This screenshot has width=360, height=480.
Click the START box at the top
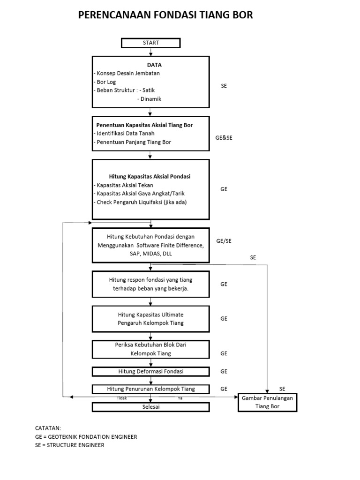pos(150,43)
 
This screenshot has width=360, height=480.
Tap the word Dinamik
pos(149,99)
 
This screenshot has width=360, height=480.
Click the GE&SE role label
pos(224,138)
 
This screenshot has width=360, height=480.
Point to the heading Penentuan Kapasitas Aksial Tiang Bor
pos(144,125)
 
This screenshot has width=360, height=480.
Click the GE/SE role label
pos(224,241)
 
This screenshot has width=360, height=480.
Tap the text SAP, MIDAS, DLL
pos(150,253)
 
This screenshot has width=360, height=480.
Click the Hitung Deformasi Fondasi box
pos(150,371)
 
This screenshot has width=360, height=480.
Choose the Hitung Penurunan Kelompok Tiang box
pos(150,389)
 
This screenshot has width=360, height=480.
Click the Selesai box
pos(150,406)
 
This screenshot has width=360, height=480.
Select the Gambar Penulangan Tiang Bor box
pos(267,402)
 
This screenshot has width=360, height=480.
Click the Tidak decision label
pos(121,398)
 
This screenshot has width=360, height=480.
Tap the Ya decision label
pos(180,398)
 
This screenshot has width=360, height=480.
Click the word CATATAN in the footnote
pos(48,428)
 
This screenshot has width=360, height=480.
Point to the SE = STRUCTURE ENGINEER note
pos(69,445)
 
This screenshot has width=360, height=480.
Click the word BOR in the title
pos(242,15)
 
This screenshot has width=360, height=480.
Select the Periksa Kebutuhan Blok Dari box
pos(150,349)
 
